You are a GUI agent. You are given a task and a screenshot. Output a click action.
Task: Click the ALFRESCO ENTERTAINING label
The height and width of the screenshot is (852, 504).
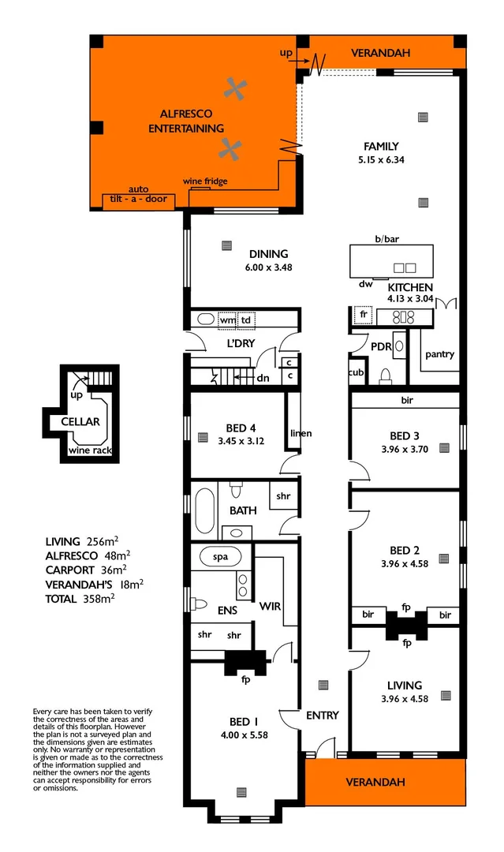coord(186,121)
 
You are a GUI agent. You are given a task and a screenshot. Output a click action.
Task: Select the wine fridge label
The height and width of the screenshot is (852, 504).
coord(205,182)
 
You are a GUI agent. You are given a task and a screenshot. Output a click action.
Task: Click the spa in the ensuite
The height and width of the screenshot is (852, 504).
coord(220,556)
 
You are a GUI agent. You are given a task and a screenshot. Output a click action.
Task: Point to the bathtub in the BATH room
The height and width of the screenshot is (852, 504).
coord(203,510)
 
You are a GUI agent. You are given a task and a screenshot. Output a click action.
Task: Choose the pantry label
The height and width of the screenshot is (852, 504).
coord(439,354)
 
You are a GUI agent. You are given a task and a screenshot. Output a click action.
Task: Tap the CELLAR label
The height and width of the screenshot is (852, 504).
coord(80,421)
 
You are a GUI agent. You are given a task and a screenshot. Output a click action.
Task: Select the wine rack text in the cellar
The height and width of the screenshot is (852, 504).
coord(89,450)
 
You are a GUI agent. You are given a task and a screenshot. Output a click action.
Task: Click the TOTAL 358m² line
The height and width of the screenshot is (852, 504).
coord(80,599)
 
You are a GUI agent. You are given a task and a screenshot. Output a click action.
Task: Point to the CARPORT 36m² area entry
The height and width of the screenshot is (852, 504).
coord(86,570)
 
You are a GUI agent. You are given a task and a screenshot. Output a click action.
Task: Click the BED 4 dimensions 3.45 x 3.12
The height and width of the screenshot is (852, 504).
coord(241,441)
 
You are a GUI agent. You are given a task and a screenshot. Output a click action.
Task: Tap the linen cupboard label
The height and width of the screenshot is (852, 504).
coord(301,433)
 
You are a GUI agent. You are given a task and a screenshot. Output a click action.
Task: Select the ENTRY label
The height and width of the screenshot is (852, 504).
coord(322,716)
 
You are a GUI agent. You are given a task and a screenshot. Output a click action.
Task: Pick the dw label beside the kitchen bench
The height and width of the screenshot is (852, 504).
coord(364,284)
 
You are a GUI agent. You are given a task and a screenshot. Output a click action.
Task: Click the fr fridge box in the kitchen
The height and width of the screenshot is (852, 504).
coord(363,314)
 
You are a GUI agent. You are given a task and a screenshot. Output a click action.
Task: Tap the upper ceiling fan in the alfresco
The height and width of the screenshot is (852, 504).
coord(233,89)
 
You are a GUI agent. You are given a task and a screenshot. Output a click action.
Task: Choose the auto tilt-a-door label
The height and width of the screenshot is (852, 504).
coord(139,195)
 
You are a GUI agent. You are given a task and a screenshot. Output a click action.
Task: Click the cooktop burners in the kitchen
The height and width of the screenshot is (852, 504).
coord(403,317)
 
